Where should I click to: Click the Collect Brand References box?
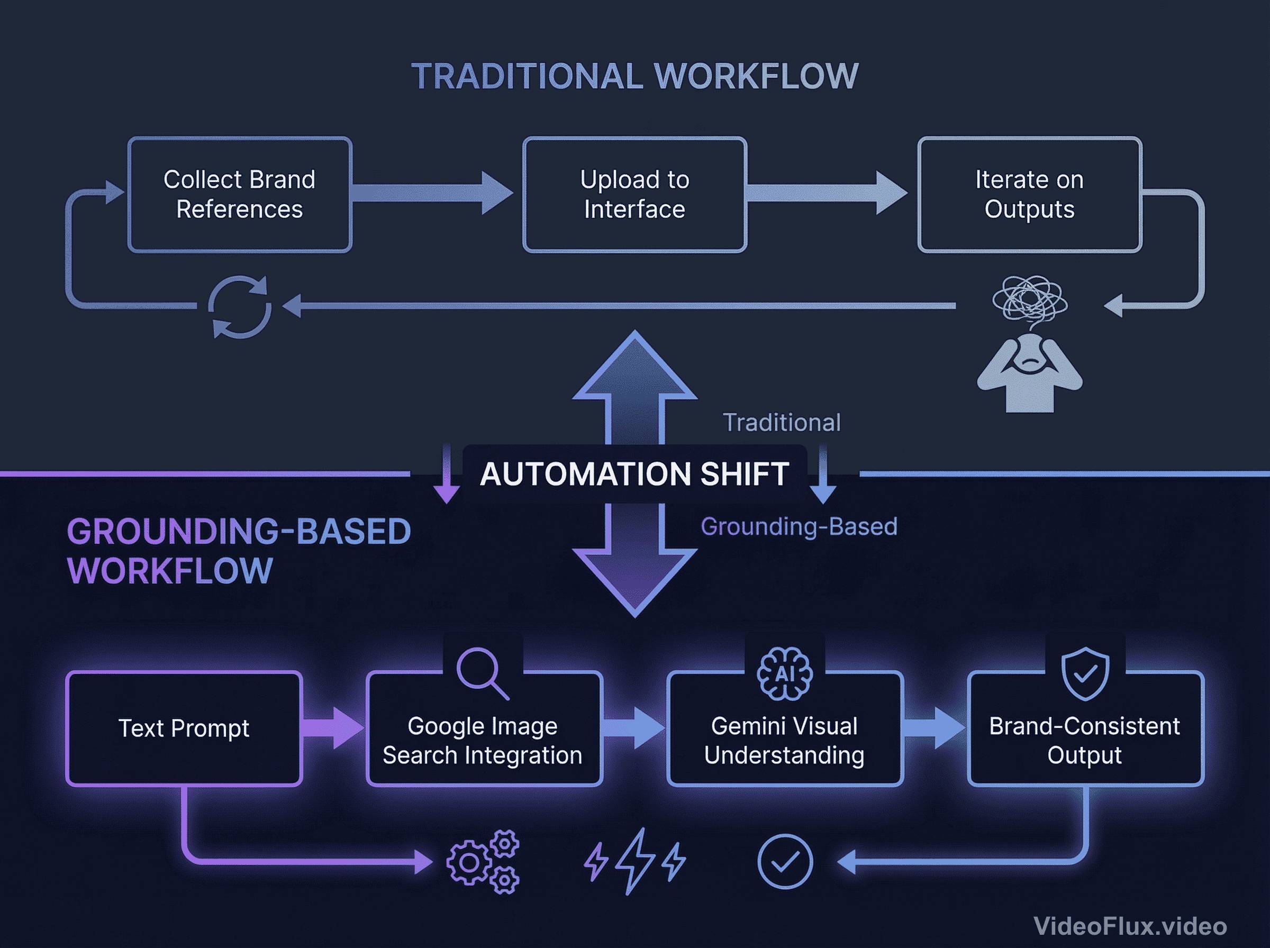[239, 195]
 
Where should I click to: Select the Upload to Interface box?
[634, 195]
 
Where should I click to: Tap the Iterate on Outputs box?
[1030, 195]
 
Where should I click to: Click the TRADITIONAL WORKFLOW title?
[634, 76]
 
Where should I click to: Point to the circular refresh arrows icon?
[239, 306]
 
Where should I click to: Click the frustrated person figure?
[1030, 373]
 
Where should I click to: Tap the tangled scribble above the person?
[1030, 299]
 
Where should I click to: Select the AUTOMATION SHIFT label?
[634, 474]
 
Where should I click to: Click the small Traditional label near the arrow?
[782, 423]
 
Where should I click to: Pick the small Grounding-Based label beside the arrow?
[799, 527]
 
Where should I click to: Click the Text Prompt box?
[184, 728]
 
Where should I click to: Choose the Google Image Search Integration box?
[483, 741]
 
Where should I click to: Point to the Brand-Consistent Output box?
[1085, 741]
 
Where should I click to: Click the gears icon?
[483, 861]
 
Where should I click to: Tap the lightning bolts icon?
[634, 861]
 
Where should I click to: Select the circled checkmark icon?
[785, 861]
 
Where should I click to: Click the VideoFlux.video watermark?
[1130, 926]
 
